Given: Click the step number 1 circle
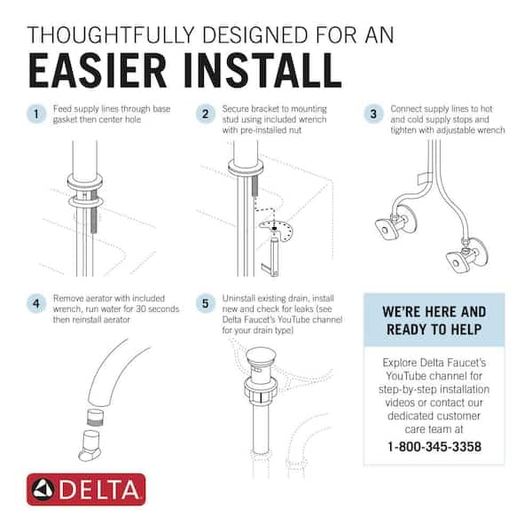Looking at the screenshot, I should click(x=35, y=114).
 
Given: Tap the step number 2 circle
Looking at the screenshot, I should click(x=207, y=114).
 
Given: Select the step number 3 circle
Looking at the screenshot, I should click(x=373, y=114).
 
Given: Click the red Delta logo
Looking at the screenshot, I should click(x=86, y=489).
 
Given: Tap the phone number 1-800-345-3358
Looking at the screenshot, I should click(x=434, y=446).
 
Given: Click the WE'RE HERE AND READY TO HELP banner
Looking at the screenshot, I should click(x=434, y=320).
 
